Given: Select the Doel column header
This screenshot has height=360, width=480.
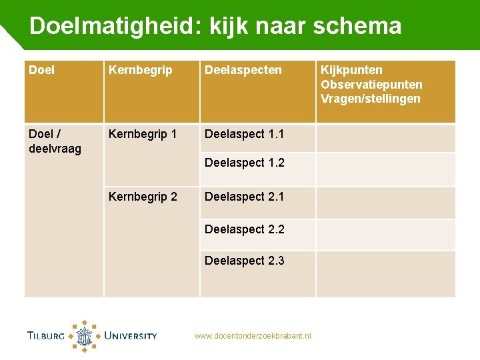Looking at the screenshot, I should (x=42, y=70).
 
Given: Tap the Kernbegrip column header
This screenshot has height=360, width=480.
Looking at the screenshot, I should (x=140, y=70).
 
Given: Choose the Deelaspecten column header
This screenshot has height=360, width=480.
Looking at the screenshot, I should (x=243, y=70).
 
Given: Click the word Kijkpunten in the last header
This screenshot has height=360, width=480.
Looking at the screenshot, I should (x=351, y=70).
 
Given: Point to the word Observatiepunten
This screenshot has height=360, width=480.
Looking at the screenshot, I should (x=371, y=85).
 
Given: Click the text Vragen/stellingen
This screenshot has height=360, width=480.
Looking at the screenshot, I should (x=371, y=99).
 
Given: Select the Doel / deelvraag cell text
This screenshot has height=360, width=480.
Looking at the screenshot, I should (x=55, y=141).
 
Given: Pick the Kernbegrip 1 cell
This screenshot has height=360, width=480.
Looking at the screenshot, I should (x=143, y=134).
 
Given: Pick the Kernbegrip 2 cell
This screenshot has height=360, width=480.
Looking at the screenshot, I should (x=143, y=197).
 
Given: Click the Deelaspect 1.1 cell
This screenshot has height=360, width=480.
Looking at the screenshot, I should (x=244, y=134).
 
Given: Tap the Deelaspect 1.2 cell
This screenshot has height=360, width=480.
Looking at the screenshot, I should (x=244, y=163).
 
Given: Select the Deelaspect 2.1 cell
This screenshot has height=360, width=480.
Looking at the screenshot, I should (x=244, y=197).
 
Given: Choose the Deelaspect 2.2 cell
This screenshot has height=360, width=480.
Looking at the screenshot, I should (x=244, y=229).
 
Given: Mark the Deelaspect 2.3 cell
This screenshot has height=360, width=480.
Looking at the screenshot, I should (x=244, y=261).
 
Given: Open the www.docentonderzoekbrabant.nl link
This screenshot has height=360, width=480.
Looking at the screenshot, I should (x=253, y=336).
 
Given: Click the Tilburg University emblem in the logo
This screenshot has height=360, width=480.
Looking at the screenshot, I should (x=85, y=336).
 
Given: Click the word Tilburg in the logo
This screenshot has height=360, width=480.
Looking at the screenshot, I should (x=46, y=336).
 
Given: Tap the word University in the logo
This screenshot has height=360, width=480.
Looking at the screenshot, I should (x=130, y=336).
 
